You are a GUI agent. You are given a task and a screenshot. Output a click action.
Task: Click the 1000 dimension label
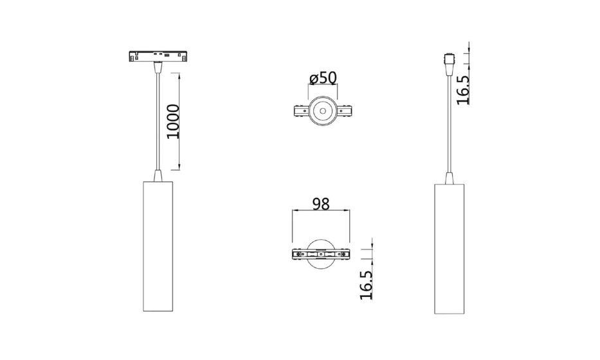[x=173, y=122]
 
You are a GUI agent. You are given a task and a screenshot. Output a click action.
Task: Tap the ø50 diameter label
[x=323, y=78]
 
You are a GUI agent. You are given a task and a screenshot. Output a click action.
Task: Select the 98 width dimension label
[x=321, y=204]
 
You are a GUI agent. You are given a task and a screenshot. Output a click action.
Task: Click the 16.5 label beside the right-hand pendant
[x=463, y=90]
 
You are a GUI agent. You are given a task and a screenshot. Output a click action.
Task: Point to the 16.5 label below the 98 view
[x=366, y=285]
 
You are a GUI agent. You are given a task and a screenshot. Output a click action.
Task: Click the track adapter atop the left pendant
[x=158, y=56]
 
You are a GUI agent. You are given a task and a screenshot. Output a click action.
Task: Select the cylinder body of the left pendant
[x=158, y=246]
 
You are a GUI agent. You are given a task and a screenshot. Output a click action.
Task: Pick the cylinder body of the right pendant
[x=450, y=249]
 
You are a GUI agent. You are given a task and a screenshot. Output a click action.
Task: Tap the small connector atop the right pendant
[x=449, y=61]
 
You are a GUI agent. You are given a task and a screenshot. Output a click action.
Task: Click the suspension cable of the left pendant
[x=158, y=122]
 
